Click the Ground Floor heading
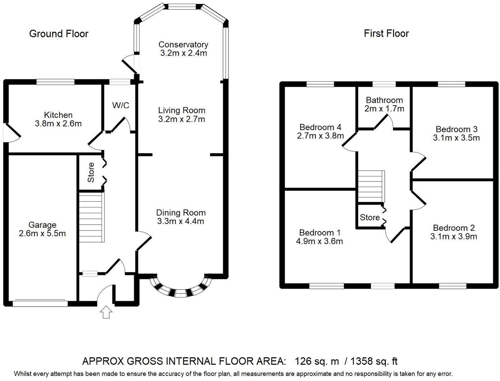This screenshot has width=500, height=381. pos(59,34)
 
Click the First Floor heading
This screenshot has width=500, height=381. pos(386,33)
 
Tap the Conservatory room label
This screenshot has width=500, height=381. pos(183,45)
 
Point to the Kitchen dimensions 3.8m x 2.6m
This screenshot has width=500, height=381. pos(58,124)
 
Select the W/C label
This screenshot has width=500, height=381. pos(121,105)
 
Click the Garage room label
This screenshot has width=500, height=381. pos(42,225)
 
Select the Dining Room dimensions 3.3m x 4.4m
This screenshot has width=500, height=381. pos(181,221)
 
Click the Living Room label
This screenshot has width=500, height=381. pos(181,110)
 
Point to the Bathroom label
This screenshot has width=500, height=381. pos(384,100)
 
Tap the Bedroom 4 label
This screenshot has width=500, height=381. pos(320,127)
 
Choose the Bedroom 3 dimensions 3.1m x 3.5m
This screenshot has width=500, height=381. pos(456,138)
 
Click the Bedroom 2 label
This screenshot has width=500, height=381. pos(454,228)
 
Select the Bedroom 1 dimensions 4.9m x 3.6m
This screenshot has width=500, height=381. pos(319,241)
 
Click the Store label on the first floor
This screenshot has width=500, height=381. pos(370,217)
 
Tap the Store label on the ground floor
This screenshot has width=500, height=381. pos(91,172)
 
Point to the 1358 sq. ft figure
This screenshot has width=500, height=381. pos(374,361)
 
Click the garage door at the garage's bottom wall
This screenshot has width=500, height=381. pos(40,303)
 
